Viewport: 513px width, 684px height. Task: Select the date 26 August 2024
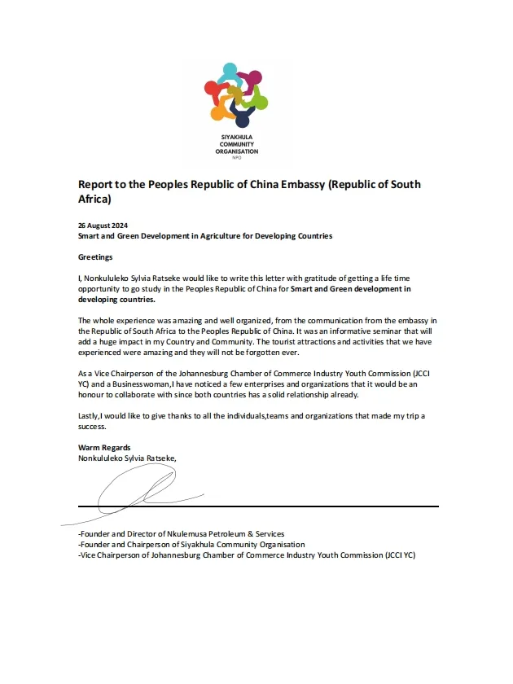pyautogui.click(x=103, y=225)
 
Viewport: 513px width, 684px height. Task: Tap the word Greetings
pyautogui.click(x=95, y=256)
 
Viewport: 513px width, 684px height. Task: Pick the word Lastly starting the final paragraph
pyautogui.click(x=90, y=416)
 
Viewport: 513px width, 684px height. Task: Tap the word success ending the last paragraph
pyautogui.click(x=93, y=426)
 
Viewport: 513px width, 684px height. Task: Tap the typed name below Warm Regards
pyautogui.click(x=126, y=458)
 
